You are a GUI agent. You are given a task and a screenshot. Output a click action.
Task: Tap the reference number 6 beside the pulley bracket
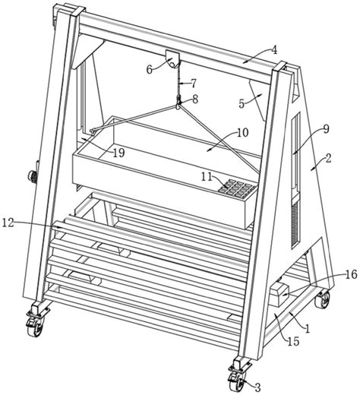tap(150, 69)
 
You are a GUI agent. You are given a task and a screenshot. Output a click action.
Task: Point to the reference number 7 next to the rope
tap(193, 84)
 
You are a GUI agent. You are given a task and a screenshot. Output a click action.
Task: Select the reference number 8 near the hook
tap(195, 99)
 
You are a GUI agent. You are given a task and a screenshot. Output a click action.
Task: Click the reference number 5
tap(242, 103)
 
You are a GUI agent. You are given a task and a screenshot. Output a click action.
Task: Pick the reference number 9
tap(326, 129)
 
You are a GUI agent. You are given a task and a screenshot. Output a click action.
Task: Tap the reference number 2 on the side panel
tap(328, 159)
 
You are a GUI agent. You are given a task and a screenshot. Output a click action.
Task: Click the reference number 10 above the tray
tap(243, 133)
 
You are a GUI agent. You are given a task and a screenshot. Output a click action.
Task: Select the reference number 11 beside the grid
tap(207, 176)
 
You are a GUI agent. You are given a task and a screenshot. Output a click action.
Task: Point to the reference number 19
tap(118, 153)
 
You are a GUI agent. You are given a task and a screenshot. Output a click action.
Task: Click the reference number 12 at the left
tap(8, 223)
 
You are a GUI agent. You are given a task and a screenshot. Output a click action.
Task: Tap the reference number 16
tap(351, 274)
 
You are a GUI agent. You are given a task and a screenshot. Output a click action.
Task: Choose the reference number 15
tap(293, 341)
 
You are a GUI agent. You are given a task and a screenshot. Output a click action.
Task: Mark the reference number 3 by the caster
tap(257, 387)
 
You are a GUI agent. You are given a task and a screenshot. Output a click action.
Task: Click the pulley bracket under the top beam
tap(172, 58)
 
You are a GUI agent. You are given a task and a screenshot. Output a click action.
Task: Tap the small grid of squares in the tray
tap(237, 188)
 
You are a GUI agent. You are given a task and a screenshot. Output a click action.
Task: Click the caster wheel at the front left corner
tap(35, 327)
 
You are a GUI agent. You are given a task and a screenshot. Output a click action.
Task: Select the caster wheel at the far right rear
tap(323, 299)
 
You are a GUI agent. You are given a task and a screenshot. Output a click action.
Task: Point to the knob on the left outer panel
tap(33, 175)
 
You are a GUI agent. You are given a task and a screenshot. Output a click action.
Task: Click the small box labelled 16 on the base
tap(279, 295)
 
